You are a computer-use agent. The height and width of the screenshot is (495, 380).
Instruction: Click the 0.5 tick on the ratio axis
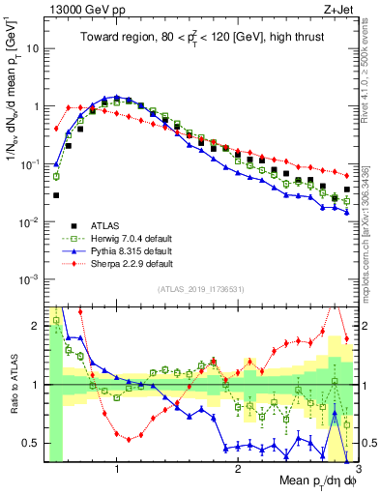[32, 443]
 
